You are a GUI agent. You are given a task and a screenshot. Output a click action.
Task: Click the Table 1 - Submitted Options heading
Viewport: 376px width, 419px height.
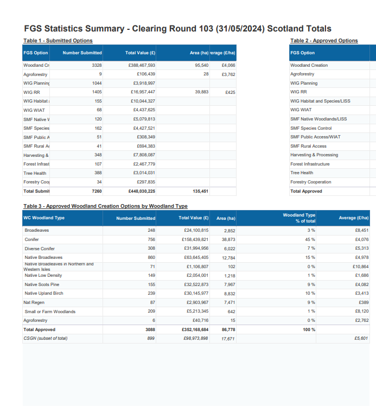pos(58,41)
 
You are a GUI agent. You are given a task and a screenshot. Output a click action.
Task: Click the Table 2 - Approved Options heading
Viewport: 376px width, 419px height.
pos(324,41)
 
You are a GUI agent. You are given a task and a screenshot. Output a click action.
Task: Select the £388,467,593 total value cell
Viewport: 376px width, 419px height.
pos(142,65)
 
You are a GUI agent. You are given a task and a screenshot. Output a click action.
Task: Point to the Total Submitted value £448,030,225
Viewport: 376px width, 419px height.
pos(142,191)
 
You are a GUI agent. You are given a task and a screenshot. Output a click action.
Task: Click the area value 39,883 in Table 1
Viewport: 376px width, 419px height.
pos(201,92)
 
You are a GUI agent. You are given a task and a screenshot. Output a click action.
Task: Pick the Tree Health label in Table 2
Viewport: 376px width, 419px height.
pos(302,173)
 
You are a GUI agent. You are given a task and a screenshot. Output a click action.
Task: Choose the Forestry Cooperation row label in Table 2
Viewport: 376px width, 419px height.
pos(310,182)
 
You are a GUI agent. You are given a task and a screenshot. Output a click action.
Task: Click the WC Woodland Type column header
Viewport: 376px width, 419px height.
pos(44,218)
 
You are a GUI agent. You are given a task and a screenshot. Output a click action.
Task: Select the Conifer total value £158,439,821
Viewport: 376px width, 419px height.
pos(194,239)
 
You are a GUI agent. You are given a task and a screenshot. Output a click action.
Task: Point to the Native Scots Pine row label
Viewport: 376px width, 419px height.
pos(42,284)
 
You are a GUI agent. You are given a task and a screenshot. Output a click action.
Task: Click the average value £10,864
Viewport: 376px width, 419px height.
pos(360,266)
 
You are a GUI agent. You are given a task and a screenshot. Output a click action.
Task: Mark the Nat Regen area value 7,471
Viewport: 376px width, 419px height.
pos(229,302)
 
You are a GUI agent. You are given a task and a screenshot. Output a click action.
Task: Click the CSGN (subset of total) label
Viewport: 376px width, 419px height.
pos(46,338)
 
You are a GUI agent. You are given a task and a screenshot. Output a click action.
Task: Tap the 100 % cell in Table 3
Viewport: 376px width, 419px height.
pos(309,329)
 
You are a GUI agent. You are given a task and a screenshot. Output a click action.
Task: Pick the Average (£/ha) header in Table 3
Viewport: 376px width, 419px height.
pos(353,218)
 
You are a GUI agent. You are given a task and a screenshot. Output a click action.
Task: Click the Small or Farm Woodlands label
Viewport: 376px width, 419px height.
pos(50,312)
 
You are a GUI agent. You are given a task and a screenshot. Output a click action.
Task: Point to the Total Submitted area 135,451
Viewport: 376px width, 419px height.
pos(200,191)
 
